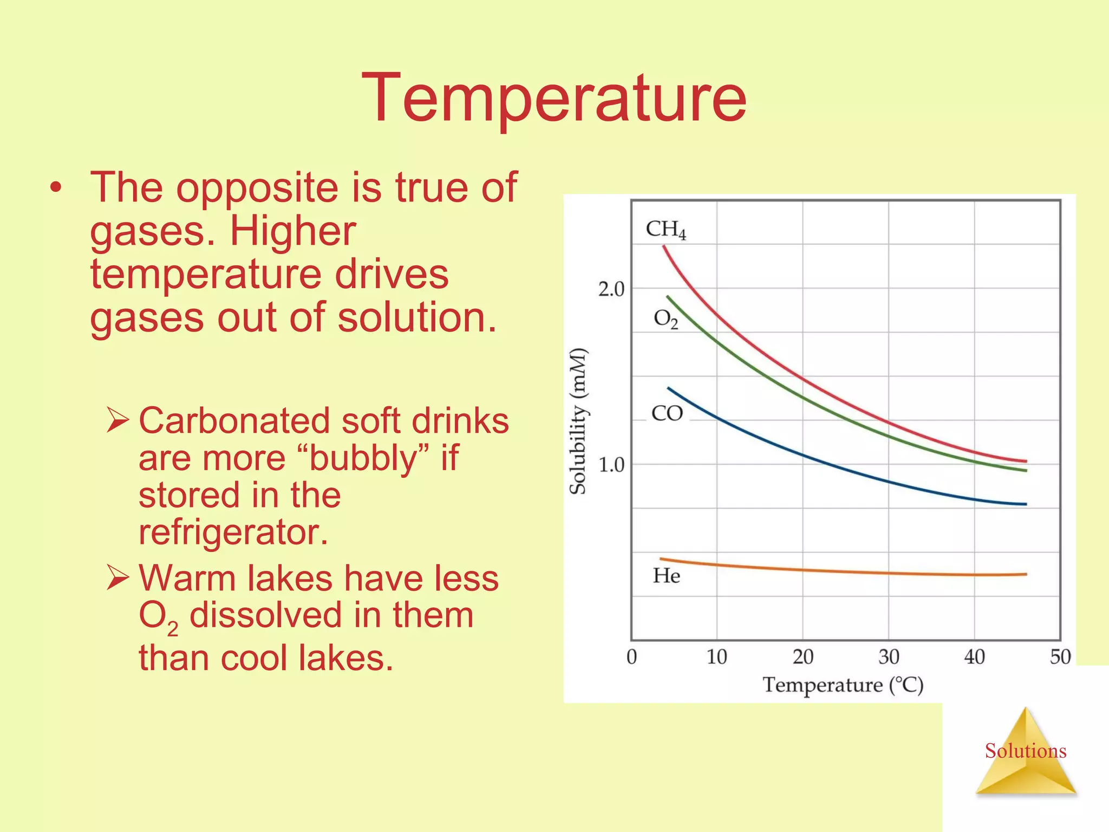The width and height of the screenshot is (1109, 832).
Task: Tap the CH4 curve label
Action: click(666, 230)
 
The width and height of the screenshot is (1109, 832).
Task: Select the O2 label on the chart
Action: click(666, 319)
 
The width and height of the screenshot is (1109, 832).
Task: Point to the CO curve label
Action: click(667, 414)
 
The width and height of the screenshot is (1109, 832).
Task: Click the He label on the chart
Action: click(666, 576)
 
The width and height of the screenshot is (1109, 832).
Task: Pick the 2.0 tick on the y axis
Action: click(611, 289)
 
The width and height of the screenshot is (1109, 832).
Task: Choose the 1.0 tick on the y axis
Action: click(611, 465)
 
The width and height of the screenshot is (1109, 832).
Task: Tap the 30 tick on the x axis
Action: click(889, 657)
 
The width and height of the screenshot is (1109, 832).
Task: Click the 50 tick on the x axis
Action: click(1060, 657)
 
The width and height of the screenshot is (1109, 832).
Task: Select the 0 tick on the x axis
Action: click(631, 657)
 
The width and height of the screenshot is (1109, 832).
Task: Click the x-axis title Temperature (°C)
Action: click(843, 685)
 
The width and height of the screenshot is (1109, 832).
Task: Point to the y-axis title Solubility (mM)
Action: click(578, 421)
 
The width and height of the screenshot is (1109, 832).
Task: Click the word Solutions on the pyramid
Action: click(1025, 751)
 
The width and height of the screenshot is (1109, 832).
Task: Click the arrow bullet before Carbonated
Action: click(118, 420)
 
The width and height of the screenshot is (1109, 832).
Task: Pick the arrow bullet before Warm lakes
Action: click(118, 577)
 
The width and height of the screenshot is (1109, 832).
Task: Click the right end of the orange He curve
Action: click(1025, 574)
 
